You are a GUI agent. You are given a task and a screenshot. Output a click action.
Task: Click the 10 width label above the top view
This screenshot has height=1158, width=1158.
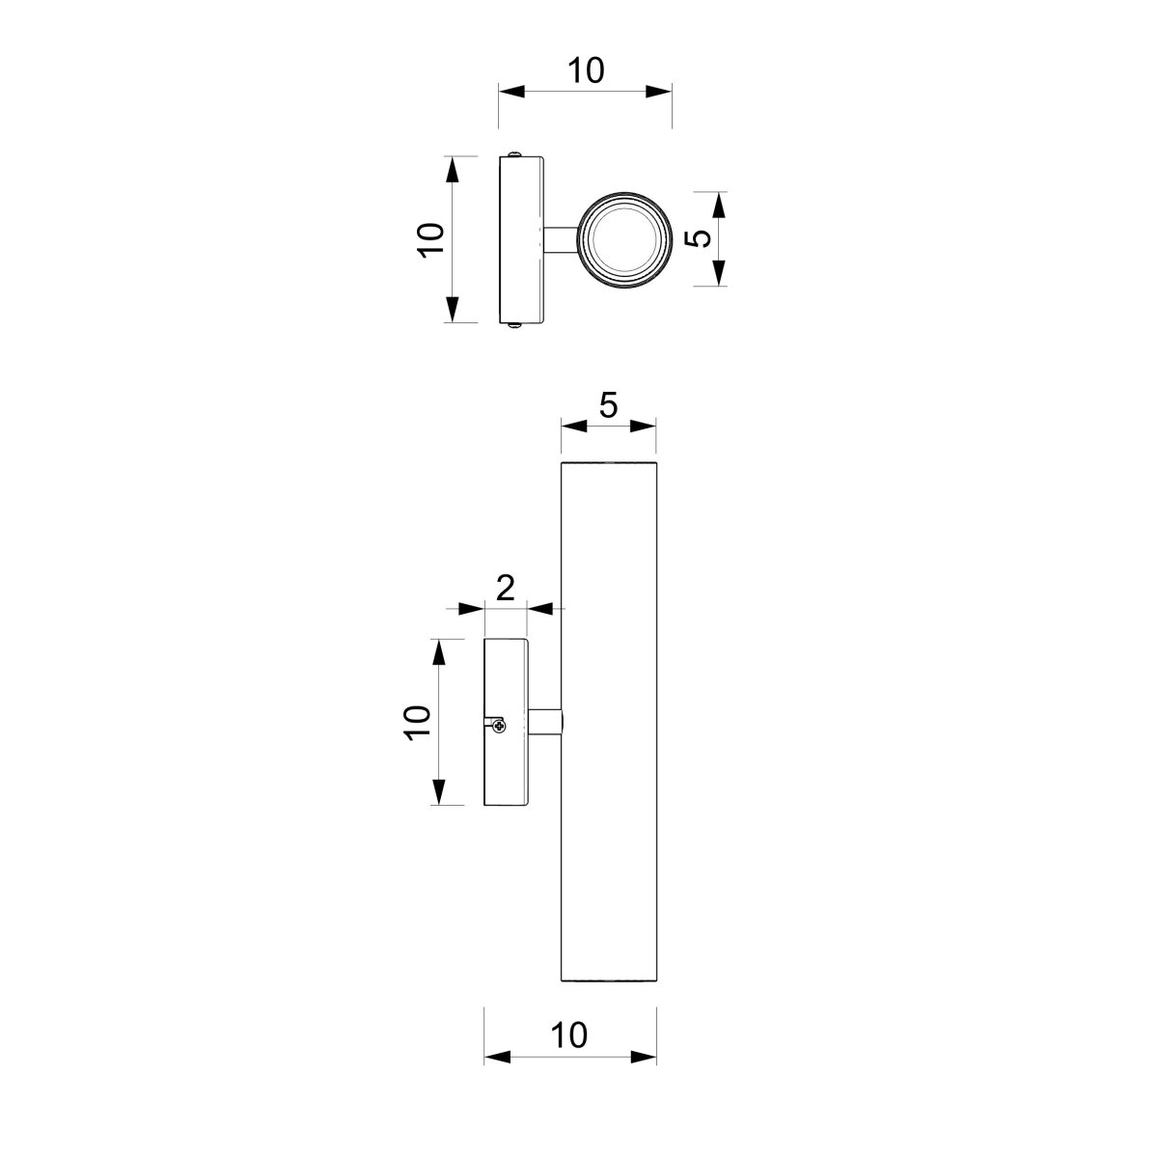pos(586,70)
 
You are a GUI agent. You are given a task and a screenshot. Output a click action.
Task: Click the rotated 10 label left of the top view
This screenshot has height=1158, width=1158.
pos(430,240)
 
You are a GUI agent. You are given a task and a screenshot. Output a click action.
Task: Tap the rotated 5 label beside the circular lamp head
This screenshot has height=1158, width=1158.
pos(698,238)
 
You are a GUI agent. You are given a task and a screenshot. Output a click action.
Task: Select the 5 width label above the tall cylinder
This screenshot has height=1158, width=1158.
pos(608,405)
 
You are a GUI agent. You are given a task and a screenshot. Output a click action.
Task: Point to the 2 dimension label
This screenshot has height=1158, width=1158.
pos(506,588)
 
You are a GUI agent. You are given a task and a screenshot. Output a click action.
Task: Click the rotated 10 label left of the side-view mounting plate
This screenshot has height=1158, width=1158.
pos(417,723)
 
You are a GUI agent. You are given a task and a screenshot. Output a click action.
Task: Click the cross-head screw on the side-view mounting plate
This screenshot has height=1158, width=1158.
pos(499,726)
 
